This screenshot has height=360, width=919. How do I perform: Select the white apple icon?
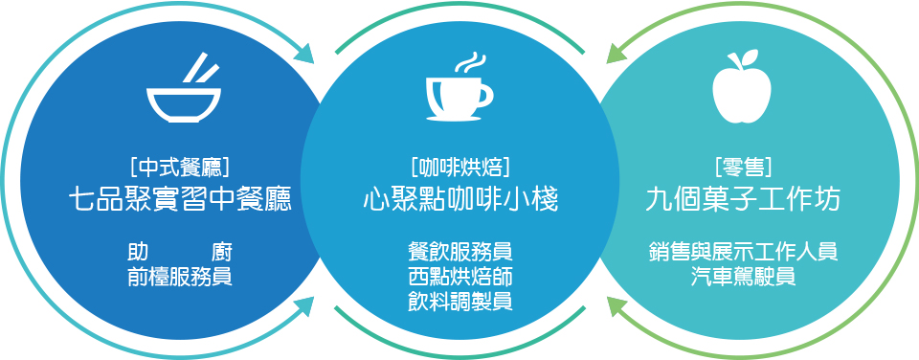click(741, 88)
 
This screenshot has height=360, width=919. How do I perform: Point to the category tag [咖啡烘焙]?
click(460, 169)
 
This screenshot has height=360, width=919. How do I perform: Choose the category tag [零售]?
click(743, 169)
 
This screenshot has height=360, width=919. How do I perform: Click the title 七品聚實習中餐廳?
click(180, 200)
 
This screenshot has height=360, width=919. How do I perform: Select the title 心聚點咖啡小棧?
click(460, 200)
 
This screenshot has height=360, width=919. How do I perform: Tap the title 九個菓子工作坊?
click(743, 200)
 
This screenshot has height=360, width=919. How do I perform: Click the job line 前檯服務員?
click(180, 277)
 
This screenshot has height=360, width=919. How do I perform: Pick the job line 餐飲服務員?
click(460, 252)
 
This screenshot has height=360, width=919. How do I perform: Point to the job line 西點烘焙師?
click(460, 277)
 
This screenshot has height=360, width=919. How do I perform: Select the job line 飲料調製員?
click(460, 302)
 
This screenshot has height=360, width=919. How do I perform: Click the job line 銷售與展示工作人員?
click(743, 252)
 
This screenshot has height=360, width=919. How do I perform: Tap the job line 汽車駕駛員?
click(743, 277)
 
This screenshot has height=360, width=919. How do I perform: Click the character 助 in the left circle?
click(138, 252)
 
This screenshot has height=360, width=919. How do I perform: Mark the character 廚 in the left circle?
click(222, 252)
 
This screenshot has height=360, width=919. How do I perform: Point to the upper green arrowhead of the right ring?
click(616, 52)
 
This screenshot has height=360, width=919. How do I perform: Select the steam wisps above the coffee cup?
click(472, 63)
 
